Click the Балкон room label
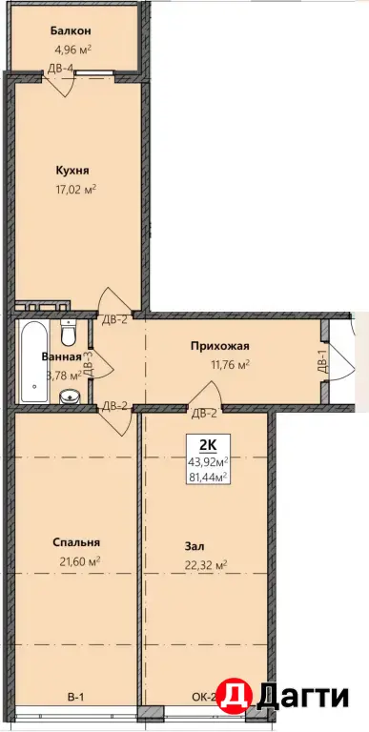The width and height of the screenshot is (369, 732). [71, 30]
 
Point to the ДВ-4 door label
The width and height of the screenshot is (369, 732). [61, 69]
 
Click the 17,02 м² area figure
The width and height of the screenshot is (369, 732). [75, 189]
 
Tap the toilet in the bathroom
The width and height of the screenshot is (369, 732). [69, 332]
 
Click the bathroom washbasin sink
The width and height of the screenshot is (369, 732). [70, 396]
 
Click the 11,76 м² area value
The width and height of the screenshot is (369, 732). [230, 365]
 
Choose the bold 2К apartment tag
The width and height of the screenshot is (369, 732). [208, 445]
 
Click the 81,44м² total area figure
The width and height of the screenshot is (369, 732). [208, 477]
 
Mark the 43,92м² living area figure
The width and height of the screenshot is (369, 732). [208, 461]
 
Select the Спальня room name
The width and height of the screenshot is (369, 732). [76, 543]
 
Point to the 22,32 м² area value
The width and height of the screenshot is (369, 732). [206, 566]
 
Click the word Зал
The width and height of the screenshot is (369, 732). [195, 546]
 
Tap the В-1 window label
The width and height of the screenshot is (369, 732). [75, 699]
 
